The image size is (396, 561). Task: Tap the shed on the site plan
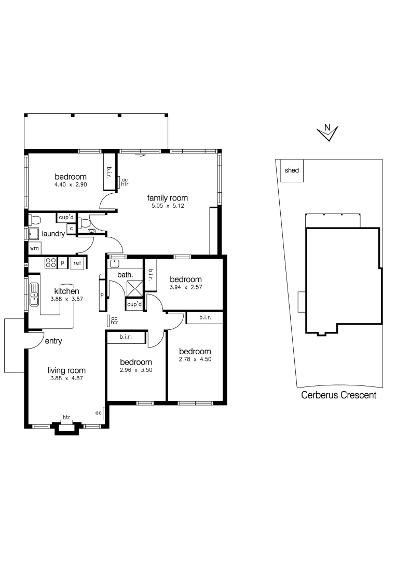point(292,171)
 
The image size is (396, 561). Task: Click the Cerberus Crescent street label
point(339,395)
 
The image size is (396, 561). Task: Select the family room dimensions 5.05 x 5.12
point(167,206)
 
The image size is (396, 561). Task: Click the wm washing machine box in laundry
point(34,248)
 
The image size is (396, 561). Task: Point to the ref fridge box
point(77,263)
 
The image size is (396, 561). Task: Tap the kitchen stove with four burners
point(50,263)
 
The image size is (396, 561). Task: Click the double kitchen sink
point(34,295)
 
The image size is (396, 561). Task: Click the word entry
point(53,341)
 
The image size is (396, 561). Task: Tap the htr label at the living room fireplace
point(66,417)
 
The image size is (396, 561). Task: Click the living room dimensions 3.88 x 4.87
point(66,378)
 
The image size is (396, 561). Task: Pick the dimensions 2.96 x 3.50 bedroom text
point(136,370)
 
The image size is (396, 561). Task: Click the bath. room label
point(126,274)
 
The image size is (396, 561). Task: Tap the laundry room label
point(53,234)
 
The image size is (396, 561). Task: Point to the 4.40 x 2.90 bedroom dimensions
point(71,185)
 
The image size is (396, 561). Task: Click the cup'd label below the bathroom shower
point(134,304)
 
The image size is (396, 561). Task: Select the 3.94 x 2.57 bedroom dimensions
point(185,287)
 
